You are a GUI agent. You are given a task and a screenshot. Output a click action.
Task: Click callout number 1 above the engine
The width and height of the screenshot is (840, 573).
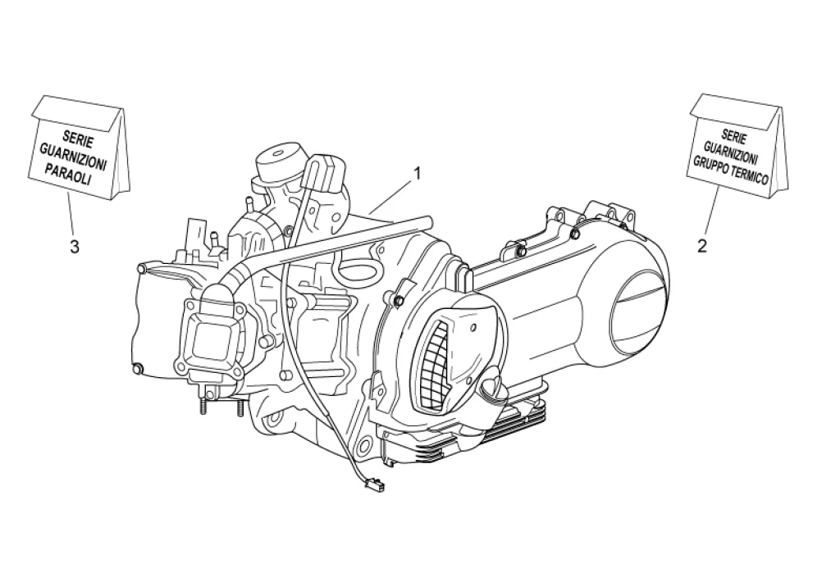(x=416, y=173)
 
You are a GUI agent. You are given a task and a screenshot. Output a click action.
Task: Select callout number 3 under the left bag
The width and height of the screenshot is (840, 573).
(x=75, y=247)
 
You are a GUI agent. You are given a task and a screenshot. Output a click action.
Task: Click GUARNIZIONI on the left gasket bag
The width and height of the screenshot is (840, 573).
(x=73, y=156)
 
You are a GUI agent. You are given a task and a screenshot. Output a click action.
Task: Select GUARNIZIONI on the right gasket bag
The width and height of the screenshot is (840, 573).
(x=731, y=152)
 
